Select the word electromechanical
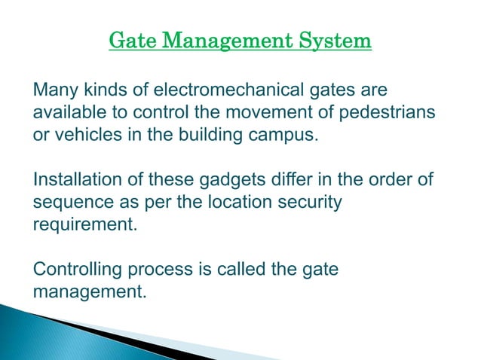(x=228, y=91)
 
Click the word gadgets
(x=225, y=182)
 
